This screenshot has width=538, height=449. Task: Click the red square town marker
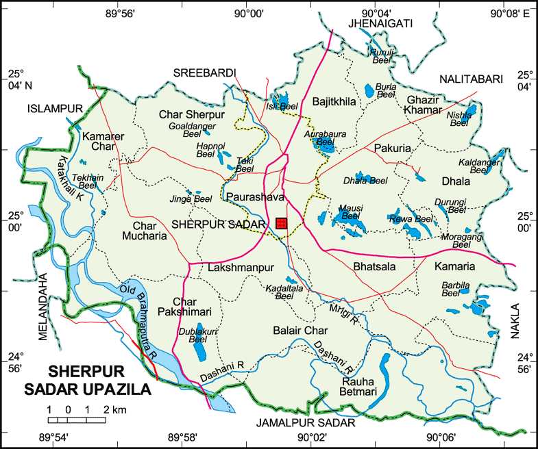(x=281, y=223)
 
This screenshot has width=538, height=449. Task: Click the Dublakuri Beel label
(x=193, y=335)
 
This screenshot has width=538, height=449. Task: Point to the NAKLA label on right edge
(x=515, y=322)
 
